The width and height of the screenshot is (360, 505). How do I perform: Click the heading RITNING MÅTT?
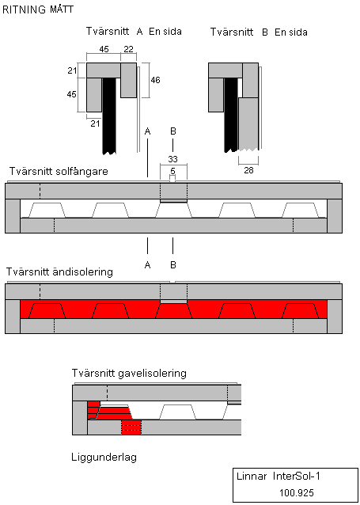(x=38, y=9)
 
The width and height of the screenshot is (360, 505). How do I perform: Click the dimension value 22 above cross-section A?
(x=128, y=49)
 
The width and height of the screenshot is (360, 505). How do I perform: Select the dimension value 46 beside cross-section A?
(x=155, y=80)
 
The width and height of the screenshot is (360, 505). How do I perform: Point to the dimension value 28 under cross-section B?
(x=248, y=170)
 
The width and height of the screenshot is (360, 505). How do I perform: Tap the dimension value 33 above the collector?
(x=173, y=159)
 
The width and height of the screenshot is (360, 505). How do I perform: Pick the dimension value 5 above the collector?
(x=173, y=170)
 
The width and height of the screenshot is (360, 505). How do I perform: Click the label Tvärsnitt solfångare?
(x=59, y=171)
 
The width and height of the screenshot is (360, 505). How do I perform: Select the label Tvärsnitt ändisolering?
(x=59, y=272)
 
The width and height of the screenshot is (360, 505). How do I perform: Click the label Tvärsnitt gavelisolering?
(x=129, y=374)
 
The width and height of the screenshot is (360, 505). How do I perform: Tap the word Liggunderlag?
(x=104, y=457)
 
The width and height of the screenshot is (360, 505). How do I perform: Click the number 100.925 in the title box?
(x=297, y=493)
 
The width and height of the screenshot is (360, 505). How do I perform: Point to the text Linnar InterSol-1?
(x=279, y=477)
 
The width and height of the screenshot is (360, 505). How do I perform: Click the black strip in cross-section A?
(x=109, y=116)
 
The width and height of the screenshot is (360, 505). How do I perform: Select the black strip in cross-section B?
(x=231, y=114)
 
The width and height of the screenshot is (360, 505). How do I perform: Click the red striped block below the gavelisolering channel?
(x=131, y=427)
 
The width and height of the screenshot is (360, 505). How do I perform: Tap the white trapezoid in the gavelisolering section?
(x=177, y=412)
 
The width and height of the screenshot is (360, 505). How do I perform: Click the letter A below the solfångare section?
(x=147, y=265)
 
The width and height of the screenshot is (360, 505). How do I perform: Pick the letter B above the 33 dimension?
(x=173, y=131)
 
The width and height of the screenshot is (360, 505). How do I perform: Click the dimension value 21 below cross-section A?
(x=95, y=123)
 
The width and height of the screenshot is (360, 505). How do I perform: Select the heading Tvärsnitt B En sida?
(x=259, y=32)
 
